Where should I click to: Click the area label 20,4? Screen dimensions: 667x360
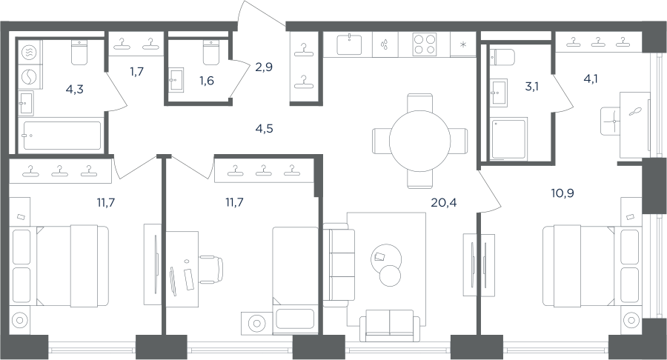tap(444, 203)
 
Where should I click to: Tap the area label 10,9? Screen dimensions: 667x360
tap(563, 193)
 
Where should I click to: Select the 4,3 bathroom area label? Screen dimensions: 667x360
tap(74, 89)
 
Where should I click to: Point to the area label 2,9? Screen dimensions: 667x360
tap(264, 67)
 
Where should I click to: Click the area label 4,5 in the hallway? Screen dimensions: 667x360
tap(264, 128)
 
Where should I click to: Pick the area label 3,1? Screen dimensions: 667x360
tap(531, 87)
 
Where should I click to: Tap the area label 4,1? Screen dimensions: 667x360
tap(591, 79)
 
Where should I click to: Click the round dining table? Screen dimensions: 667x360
tap(419, 141)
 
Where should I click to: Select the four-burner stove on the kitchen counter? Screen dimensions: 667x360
tap(425, 44)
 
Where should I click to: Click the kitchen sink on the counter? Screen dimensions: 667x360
tap(349, 44)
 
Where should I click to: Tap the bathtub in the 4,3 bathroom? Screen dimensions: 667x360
tap(62, 136)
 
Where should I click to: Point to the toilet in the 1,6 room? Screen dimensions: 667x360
tap(211, 53)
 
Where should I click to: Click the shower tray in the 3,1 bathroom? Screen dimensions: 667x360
tap(508, 139)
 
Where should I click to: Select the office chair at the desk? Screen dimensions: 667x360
tap(212, 270)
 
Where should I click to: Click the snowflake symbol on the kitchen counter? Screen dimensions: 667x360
tap(464, 44)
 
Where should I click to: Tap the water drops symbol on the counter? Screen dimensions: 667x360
tap(385, 44)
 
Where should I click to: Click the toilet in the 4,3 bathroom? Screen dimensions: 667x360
tap(79, 53)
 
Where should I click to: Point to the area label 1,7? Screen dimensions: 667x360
tap(137, 71)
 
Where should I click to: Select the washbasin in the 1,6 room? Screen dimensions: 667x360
tap(176, 79)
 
